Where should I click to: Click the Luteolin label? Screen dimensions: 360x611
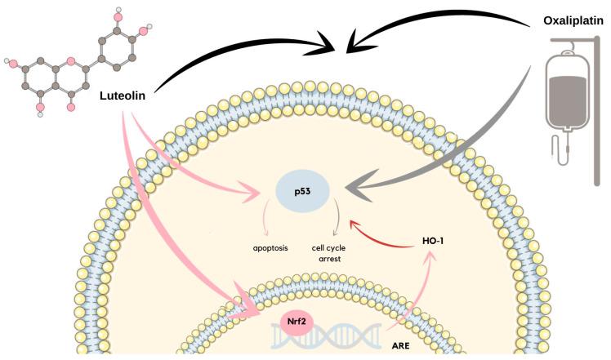pos(125,96)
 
